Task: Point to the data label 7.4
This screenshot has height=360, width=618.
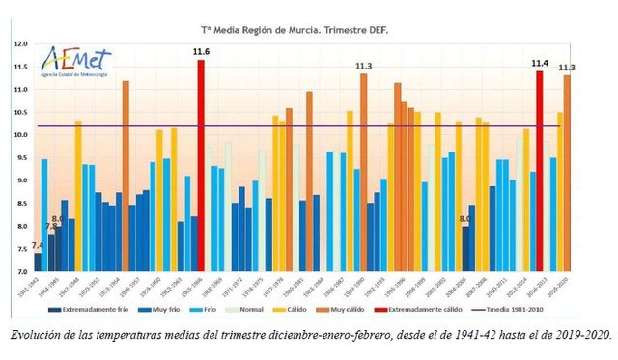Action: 37,246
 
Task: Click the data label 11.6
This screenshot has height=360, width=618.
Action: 201,51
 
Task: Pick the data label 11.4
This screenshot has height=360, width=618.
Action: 540,64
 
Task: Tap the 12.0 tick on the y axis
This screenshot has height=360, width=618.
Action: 20,44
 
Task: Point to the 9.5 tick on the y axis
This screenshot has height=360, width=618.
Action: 20,157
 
